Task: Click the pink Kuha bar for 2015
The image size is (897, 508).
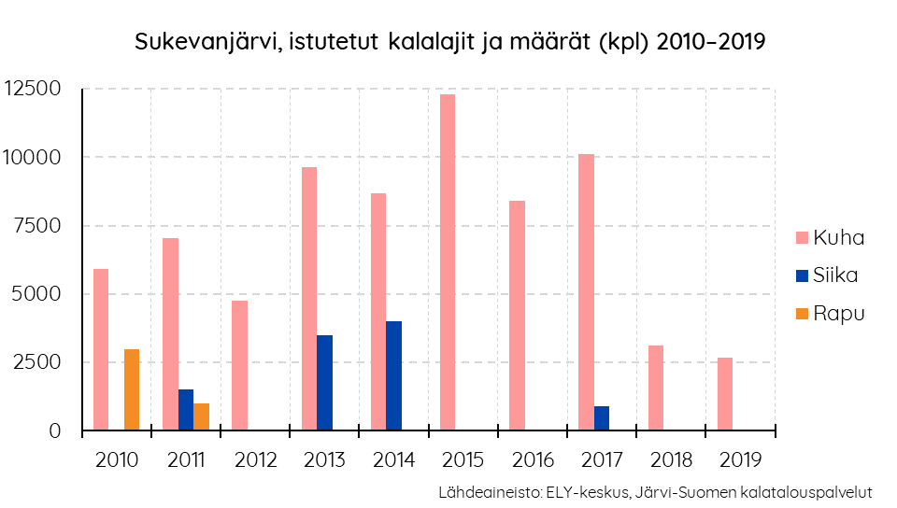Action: click(448, 262)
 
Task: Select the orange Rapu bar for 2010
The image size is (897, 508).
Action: click(132, 389)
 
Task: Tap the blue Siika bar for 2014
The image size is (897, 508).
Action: click(393, 375)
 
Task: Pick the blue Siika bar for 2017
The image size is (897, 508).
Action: click(601, 418)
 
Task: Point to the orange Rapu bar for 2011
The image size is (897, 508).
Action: click(201, 416)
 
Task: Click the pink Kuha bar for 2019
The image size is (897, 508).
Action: click(725, 394)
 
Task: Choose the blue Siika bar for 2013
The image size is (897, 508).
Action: click(324, 383)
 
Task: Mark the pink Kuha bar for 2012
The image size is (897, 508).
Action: click(240, 365)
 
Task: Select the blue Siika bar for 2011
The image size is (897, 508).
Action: click(186, 410)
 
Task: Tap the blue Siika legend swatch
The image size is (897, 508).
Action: click(801, 275)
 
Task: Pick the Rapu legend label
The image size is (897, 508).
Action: click(838, 314)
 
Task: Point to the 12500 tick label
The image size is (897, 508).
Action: click(33, 89)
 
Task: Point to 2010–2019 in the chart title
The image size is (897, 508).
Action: click(712, 43)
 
